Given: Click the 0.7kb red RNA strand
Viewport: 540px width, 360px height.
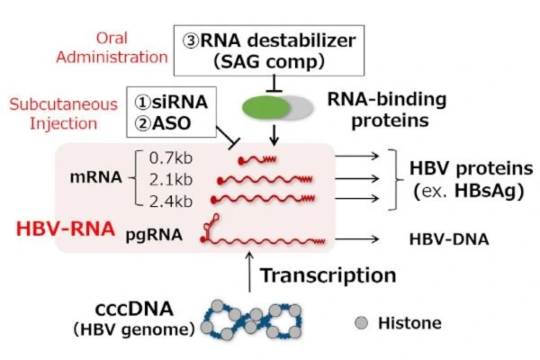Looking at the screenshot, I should point(256,158).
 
